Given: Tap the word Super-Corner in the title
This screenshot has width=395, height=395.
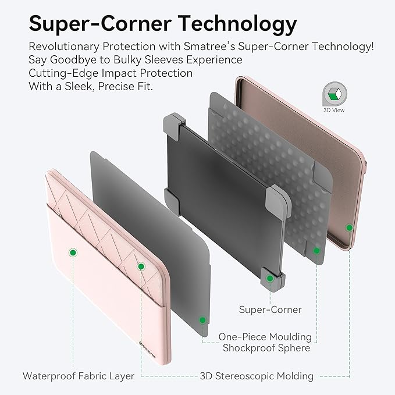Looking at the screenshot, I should pos(99,24).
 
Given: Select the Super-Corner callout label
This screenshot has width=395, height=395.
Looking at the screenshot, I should pos(271,309).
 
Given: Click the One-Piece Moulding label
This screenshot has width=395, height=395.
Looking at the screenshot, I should pos(265,337).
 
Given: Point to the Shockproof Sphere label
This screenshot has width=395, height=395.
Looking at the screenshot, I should pos(266,348).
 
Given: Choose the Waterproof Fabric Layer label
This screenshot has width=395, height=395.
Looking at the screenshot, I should pos(79,376).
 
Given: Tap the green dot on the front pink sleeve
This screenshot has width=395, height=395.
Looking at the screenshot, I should pos(73,252).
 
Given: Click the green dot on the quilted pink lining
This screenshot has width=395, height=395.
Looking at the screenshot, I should pos(141,266).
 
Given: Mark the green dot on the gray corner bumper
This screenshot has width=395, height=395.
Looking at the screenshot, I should pos(270,278).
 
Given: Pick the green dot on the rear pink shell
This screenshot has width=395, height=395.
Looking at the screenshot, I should pos(349,227).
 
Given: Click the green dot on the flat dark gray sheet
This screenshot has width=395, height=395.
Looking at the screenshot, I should pos(202,319).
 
